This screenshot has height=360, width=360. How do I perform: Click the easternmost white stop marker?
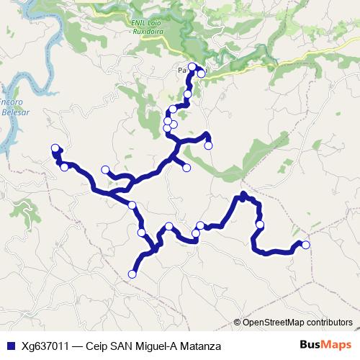(306, 245)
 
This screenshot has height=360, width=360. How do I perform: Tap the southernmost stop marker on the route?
(132, 274)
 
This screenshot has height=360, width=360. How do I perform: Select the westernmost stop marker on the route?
(55, 148)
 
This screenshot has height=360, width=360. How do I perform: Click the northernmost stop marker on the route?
(192, 67)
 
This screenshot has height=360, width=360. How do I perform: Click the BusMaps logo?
(325, 345)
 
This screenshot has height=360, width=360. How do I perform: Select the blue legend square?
(9, 346)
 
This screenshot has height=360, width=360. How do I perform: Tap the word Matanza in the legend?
(199, 346)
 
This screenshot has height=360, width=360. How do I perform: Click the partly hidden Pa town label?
(181, 71)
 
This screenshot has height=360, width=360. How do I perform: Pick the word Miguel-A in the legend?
(152, 346)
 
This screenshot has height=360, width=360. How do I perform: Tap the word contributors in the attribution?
(328, 322)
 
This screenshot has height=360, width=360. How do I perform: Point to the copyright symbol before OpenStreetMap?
(239, 322)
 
